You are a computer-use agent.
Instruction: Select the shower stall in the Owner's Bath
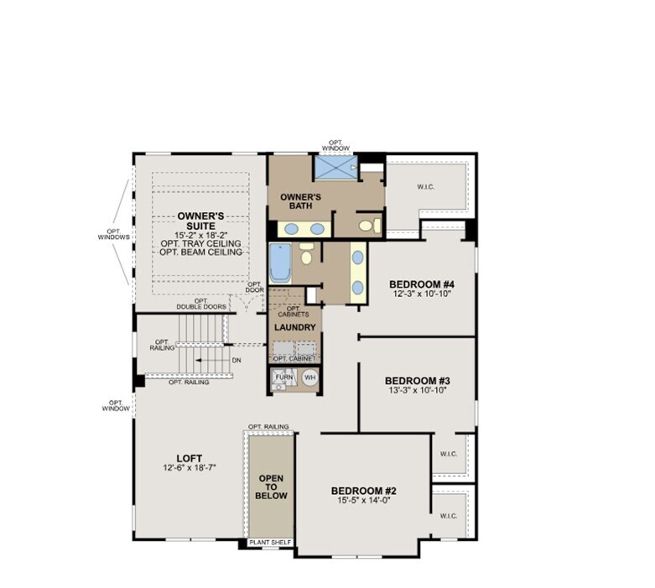335,167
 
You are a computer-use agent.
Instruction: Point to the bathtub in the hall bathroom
280,262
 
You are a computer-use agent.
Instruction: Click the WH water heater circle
309,378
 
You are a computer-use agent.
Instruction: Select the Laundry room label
295,327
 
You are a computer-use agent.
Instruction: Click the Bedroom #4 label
422,284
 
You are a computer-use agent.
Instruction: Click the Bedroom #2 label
363,491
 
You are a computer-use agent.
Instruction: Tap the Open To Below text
271,487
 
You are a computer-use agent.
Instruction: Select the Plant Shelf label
270,543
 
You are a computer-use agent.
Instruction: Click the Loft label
189,458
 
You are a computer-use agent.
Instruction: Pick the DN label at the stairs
237,360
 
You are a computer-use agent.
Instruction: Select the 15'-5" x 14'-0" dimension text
363,501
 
